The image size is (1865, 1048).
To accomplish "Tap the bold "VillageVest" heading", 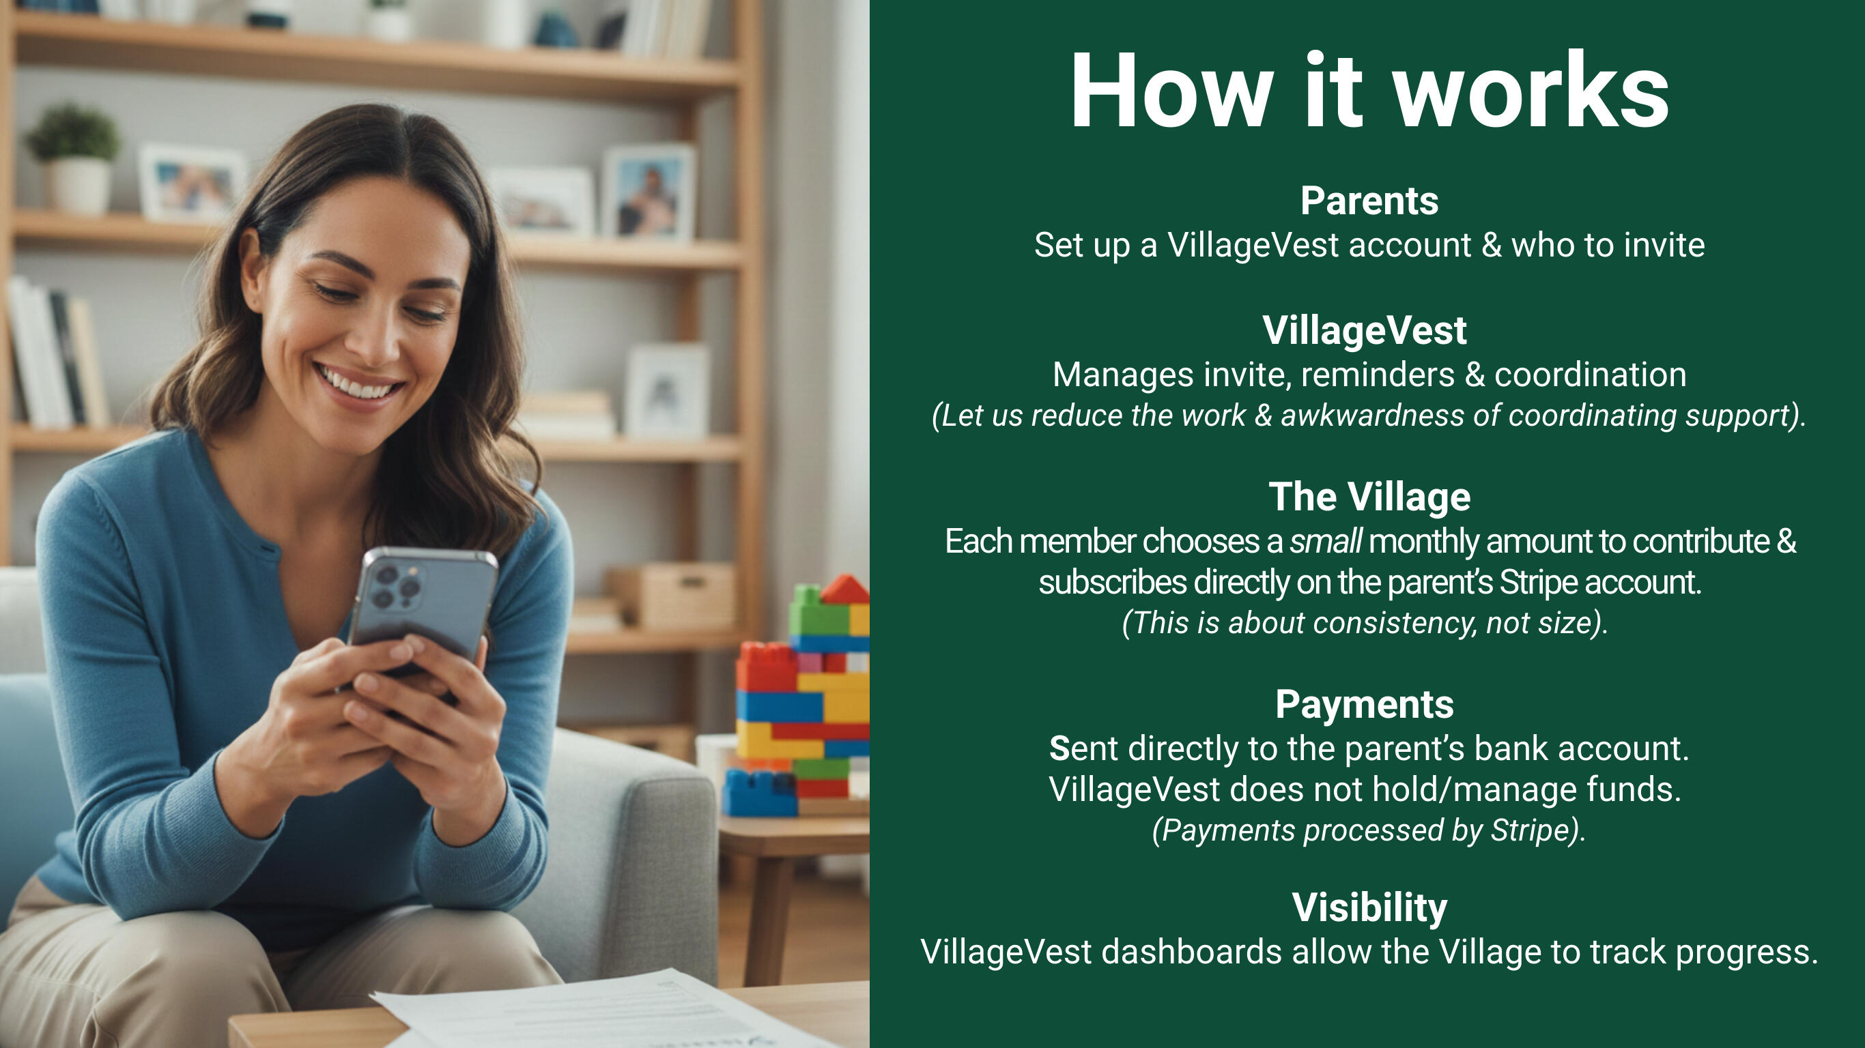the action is click(x=1365, y=331).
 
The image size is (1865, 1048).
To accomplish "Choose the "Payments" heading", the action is click(x=1365, y=705).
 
